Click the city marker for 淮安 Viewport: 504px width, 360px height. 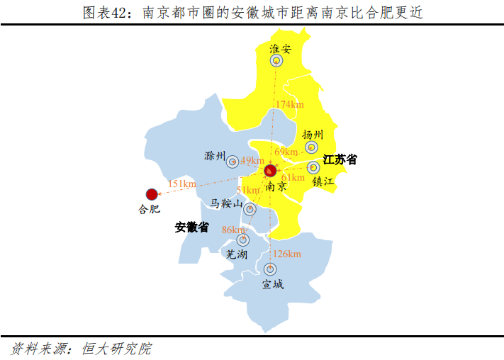276,61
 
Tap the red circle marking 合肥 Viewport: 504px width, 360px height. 151,194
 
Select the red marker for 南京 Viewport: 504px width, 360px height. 270,171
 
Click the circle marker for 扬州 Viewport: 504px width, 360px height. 311,147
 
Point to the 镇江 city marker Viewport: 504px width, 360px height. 313,168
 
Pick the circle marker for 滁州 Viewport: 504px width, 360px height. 233,162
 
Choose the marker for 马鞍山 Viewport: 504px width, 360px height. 250,208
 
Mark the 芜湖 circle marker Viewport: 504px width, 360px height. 243,240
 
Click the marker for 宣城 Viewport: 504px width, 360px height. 269,269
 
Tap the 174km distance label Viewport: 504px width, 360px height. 289,105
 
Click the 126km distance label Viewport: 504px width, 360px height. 287,254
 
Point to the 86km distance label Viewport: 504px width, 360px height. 233,230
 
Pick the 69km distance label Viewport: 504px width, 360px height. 286,152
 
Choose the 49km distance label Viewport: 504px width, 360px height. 253,160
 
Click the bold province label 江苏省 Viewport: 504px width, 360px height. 340,160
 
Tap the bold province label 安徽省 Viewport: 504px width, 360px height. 192,227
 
